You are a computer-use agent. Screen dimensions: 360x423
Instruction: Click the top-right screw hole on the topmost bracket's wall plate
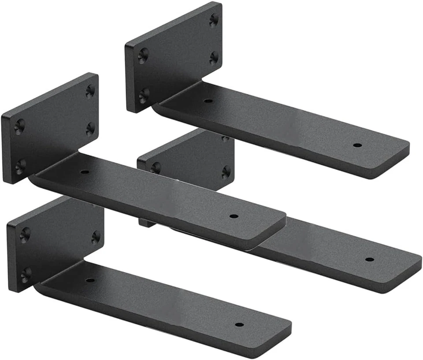pyautogui.click(x=214, y=19)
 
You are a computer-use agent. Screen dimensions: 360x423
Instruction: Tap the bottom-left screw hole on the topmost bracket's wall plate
pyautogui.click(x=143, y=95)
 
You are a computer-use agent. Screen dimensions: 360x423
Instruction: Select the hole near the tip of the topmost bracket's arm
pyautogui.click(x=357, y=145)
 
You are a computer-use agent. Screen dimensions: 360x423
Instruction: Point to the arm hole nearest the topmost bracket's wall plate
pyautogui.click(x=208, y=100)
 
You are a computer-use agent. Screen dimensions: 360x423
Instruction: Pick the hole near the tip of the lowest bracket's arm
pyautogui.click(x=239, y=325)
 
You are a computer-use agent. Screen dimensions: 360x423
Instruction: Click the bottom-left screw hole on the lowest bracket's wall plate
pyautogui.click(x=26, y=275)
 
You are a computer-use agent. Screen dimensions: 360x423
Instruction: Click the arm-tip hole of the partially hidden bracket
pyautogui.click(x=370, y=259)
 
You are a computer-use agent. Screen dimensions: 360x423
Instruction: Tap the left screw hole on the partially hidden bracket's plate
pyautogui.click(x=155, y=167)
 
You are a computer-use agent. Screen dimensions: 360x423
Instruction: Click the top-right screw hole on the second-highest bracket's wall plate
pyautogui.click(x=90, y=91)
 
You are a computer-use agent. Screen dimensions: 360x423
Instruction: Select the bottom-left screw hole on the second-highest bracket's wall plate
pyautogui.click(x=20, y=167)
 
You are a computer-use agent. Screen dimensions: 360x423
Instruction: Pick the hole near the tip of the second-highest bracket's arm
pyautogui.click(x=234, y=216)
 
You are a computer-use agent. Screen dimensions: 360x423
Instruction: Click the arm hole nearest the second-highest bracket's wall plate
pyautogui.click(x=85, y=171)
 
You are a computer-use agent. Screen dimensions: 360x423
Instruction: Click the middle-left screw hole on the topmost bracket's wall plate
pyautogui.click(x=143, y=55)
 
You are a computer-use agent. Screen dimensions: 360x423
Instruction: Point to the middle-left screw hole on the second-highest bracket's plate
pyautogui.click(x=19, y=127)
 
